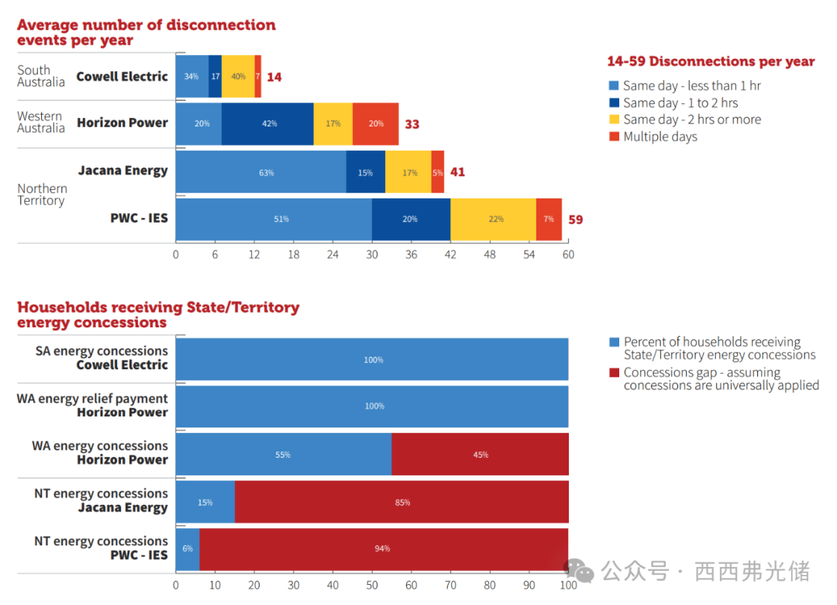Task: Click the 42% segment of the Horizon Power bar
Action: [x=267, y=124]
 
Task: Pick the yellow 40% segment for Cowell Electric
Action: [x=238, y=77]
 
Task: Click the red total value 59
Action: [x=575, y=220]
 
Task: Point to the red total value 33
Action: [x=412, y=124]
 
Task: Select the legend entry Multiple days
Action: [x=660, y=137]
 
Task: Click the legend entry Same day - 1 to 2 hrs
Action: [x=680, y=102]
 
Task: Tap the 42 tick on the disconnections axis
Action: [x=450, y=254]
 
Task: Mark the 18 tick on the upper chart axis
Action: [x=293, y=254]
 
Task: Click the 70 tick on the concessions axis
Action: [x=450, y=586]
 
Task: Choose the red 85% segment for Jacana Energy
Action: [x=401, y=503]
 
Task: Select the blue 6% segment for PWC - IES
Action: [x=188, y=548]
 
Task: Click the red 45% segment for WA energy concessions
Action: [x=480, y=455]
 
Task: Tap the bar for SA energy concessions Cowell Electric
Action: [x=372, y=360]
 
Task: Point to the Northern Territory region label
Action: [x=42, y=195]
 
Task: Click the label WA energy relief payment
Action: [x=92, y=399]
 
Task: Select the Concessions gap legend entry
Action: [x=720, y=379]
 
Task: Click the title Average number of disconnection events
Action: [x=146, y=33]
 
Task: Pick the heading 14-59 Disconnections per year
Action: [x=711, y=61]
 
